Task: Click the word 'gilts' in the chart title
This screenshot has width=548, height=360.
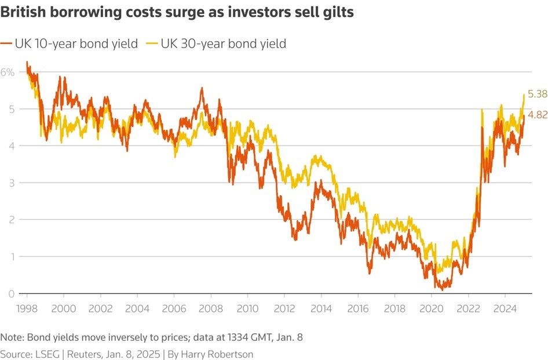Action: pos(337,13)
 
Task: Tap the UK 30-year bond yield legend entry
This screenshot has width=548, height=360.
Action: pos(223,43)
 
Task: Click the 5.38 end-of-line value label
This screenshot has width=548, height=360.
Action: pos(537,93)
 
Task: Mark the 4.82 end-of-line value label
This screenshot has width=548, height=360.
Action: pos(537,115)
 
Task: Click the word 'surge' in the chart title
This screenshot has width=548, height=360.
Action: pos(176,13)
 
